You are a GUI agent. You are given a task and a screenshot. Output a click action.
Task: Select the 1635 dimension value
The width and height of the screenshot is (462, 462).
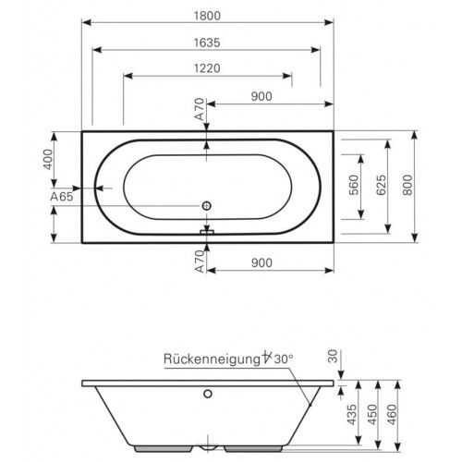click(208, 42)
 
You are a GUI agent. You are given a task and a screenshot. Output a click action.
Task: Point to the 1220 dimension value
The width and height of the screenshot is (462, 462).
click(209, 67)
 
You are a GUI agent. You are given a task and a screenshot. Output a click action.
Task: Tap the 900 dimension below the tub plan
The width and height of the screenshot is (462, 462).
click(262, 263)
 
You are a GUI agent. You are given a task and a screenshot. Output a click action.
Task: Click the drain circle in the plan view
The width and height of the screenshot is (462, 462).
click(208, 206)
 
